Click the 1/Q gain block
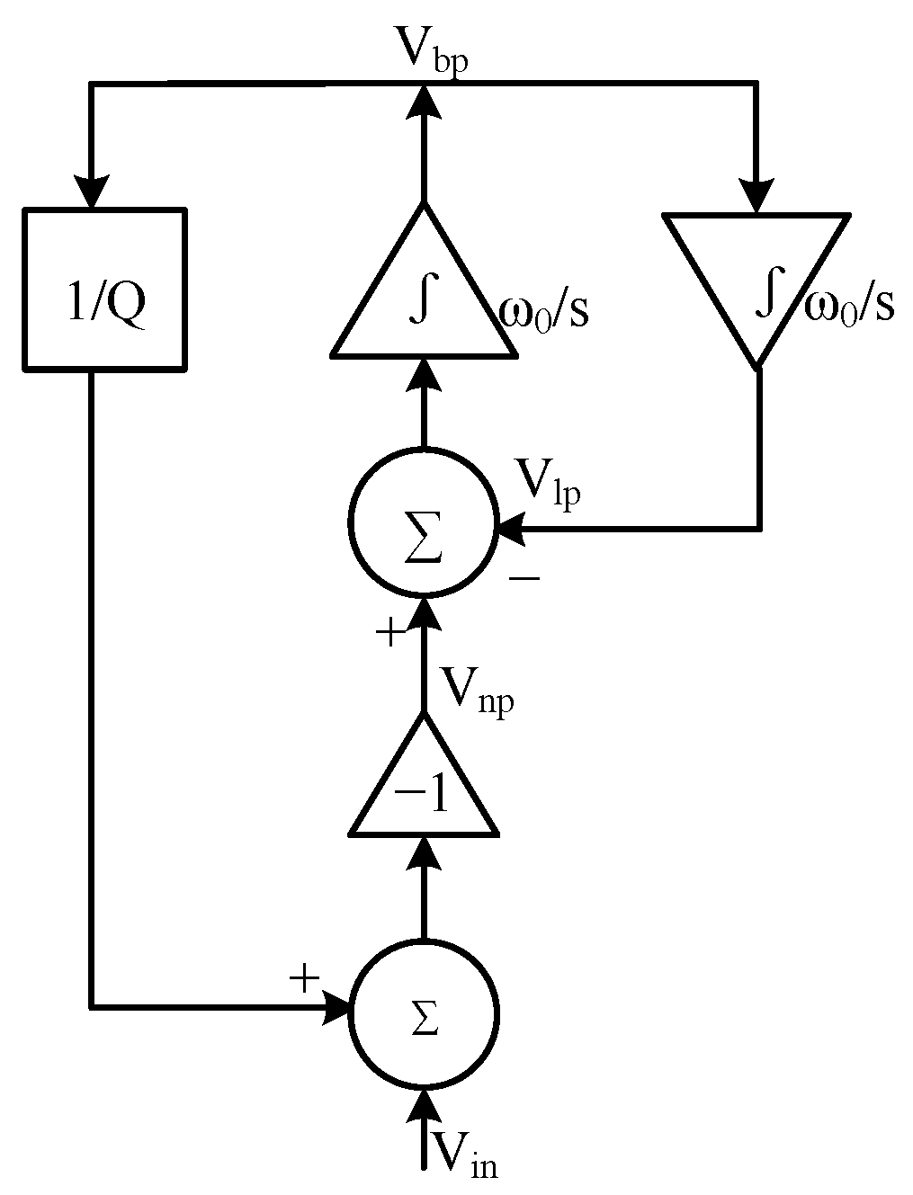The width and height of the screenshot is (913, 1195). pos(104,290)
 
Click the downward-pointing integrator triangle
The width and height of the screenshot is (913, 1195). pos(756,279)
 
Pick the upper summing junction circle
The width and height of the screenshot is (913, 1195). pos(423,523)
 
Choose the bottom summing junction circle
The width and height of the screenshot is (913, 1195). pos(423,1014)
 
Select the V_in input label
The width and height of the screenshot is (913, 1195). pos(464,1154)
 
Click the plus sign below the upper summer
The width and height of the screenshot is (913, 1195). pos(390,633)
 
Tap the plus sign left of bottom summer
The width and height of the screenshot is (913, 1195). pos(305,977)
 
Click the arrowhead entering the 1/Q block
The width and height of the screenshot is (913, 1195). pos(92,192)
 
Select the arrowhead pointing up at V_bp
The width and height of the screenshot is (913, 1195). pos(423,99)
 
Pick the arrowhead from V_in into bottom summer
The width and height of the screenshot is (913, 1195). pos(423,1106)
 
